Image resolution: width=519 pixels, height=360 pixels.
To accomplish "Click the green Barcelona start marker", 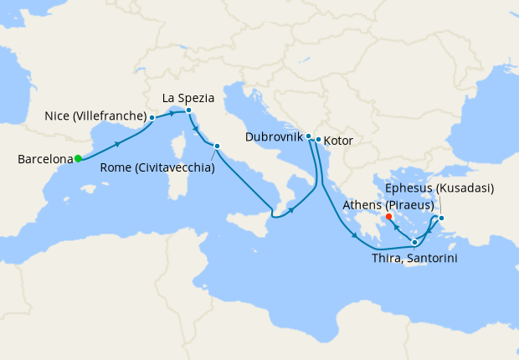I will click(x=78, y=158).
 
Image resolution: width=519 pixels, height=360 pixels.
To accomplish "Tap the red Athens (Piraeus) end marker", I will click(x=389, y=216).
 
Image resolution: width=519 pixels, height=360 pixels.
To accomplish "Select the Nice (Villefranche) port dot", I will click(x=152, y=118).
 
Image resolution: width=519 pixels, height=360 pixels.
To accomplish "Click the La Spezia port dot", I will click(x=189, y=111).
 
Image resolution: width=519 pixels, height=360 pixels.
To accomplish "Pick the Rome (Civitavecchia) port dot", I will click(x=217, y=147).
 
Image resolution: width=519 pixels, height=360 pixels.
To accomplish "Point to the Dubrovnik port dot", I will click(x=309, y=136).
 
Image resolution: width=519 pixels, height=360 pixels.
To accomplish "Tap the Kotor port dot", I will click(x=318, y=139).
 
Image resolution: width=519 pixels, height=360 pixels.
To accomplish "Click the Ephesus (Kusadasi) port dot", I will click(x=442, y=219).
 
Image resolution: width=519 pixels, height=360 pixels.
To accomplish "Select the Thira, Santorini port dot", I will click(x=414, y=242).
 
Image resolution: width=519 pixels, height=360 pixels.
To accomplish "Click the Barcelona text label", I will click(x=44, y=158).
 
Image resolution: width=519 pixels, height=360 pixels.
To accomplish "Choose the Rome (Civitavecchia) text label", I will click(x=157, y=167).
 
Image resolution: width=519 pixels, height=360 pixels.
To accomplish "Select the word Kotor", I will click(x=337, y=141).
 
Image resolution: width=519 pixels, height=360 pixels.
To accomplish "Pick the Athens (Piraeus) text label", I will click(x=388, y=204).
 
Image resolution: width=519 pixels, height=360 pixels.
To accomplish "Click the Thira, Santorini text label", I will click(x=414, y=259).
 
